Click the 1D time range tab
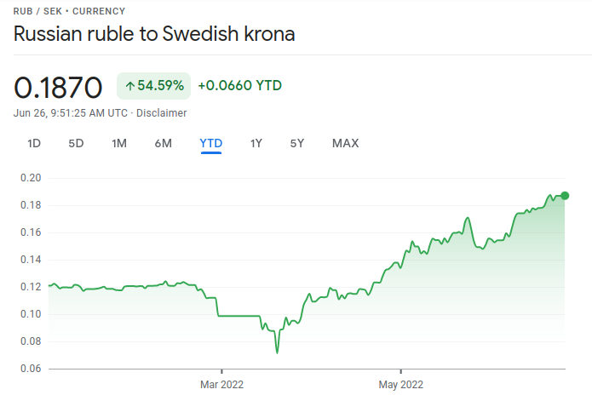pyautogui.click(x=34, y=143)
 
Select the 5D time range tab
pyautogui.click(x=76, y=143)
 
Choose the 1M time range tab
pyautogui.click(x=119, y=143)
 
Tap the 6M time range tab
pyautogui.click(x=164, y=143)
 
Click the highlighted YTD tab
pyautogui.click(x=210, y=143)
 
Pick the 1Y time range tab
pyautogui.click(x=256, y=143)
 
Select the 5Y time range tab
pyautogui.click(x=297, y=143)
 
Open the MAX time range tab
pyautogui.click(x=345, y=143)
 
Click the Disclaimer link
pyautogui.click(x=162, y=112)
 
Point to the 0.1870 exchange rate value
pyautogui.click(x=58, y=87)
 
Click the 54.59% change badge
pyautogui.click(x=153, y=85)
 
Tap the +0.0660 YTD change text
pyautogui.click(x=239, y=85)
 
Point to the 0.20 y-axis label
pyautogui.click(x=31, y=178)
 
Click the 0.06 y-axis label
pyautogui.click(x=31, y=369)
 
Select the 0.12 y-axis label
pyautogui.click(x=31, y=287)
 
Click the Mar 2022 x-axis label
pyautogui.click(x=221, y=385)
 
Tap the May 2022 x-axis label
pyautogui.click(x=400, y=385)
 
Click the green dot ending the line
pyautogui.click(x=565, y=196)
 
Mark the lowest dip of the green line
pyautogui.click(x=277, y=352)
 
